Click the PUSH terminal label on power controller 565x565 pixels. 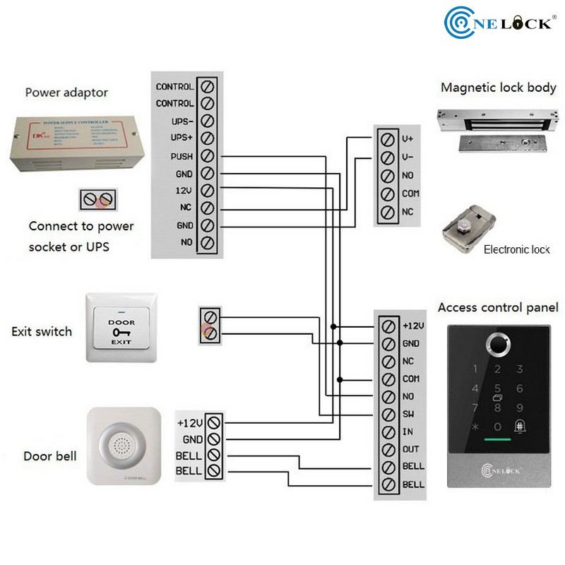(x=182, y=156)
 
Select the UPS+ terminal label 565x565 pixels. (x=182, y=138)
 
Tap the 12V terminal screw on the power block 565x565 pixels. (x=208, y=191)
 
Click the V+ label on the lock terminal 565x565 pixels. (x=407, y=139)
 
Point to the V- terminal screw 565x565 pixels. (x=386, y=157)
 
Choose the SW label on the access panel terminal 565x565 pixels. (x=409, y=414)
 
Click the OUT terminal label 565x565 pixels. (x=411, y=449)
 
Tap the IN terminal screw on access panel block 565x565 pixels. (x=388, y=432)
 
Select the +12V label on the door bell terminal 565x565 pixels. (x=190, y=422)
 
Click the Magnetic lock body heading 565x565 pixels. (x=499, y=88)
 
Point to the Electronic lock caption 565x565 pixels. (x=516, y=250)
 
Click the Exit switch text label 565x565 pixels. (x=42, y=331)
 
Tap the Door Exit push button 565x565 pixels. (x=121, y=328)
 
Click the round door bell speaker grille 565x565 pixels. (x=119, y=445)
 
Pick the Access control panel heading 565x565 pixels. (x=498, y=307)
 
